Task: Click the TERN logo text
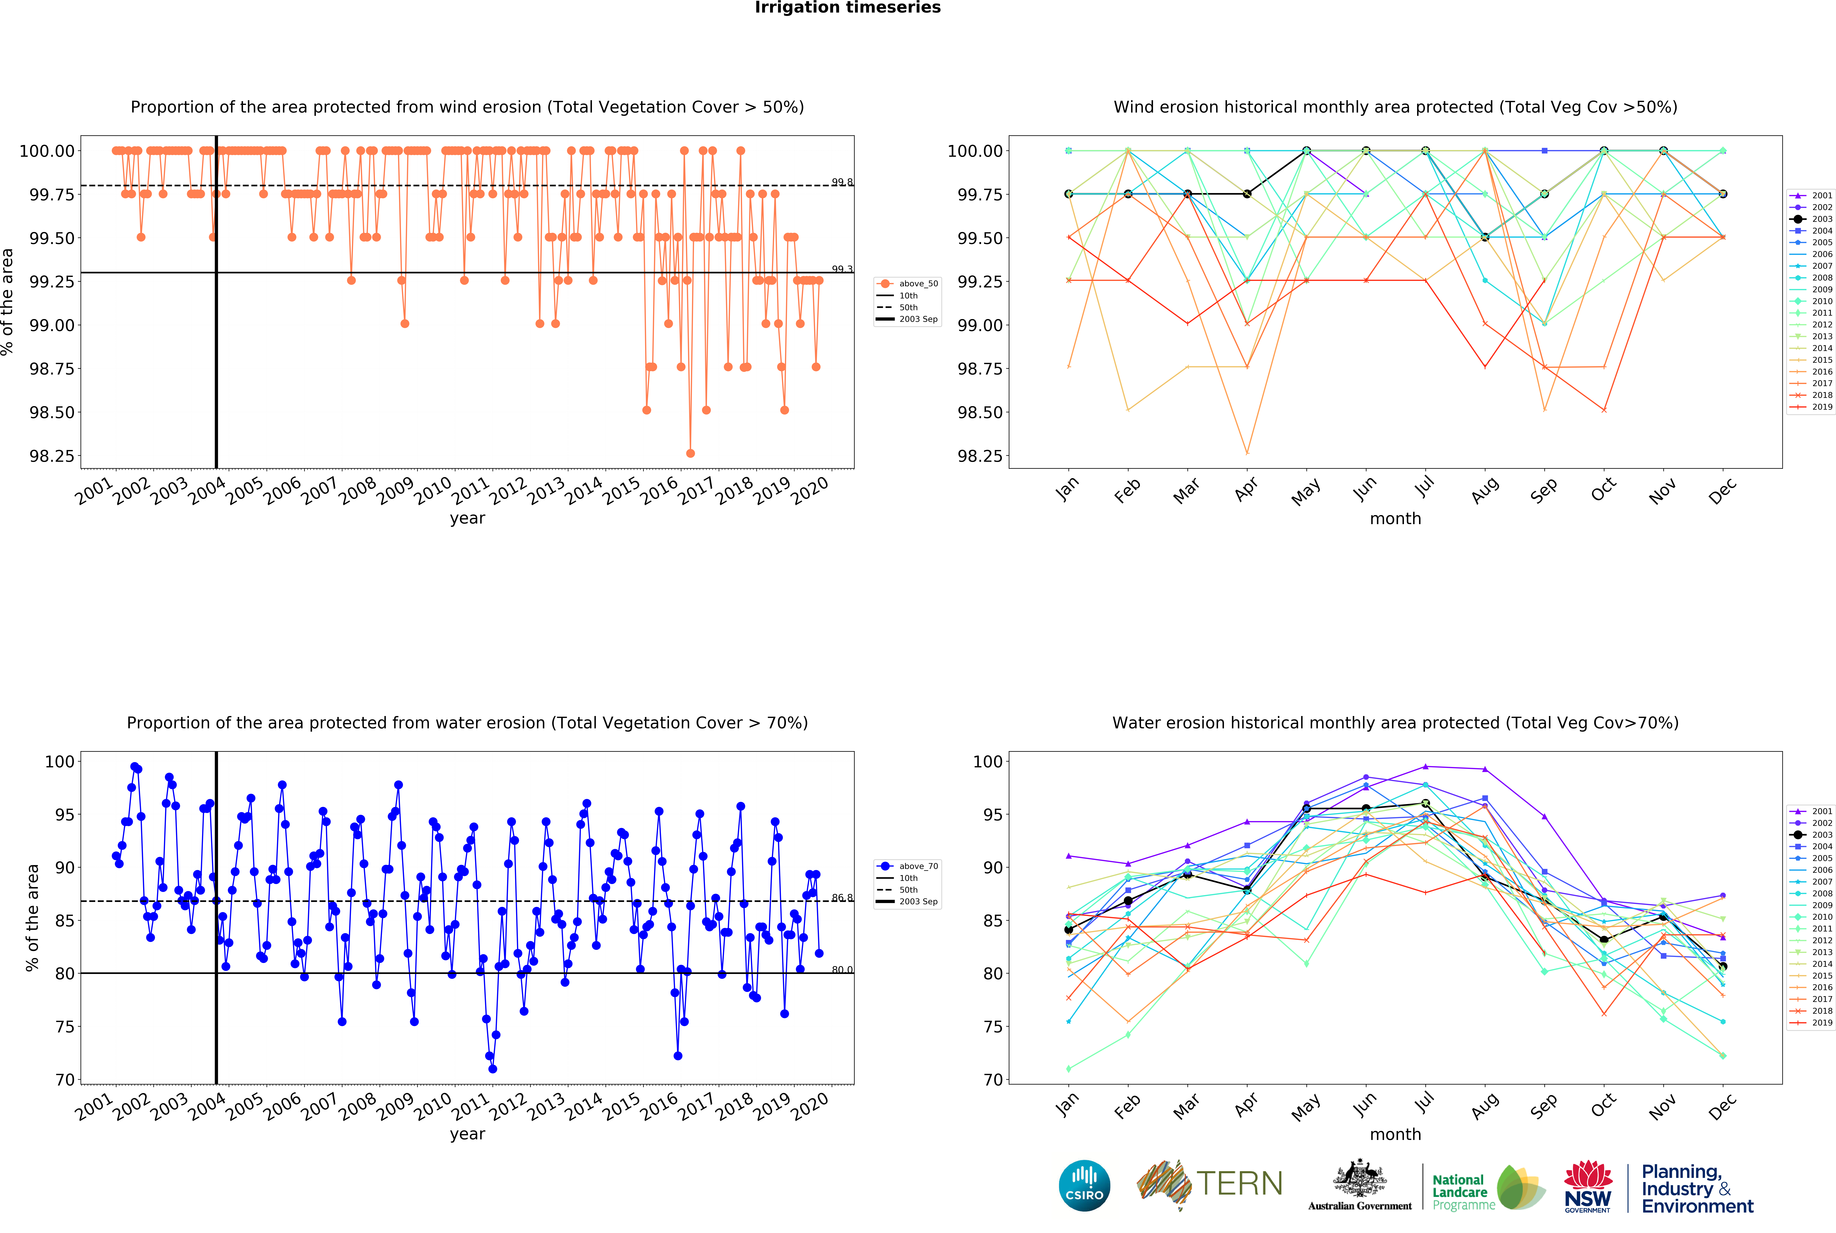coord(1239,1183)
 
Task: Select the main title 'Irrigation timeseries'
coord(847,8)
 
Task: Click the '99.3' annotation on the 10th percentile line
coord(842,269)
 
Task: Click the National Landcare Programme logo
coord(1487,1187)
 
